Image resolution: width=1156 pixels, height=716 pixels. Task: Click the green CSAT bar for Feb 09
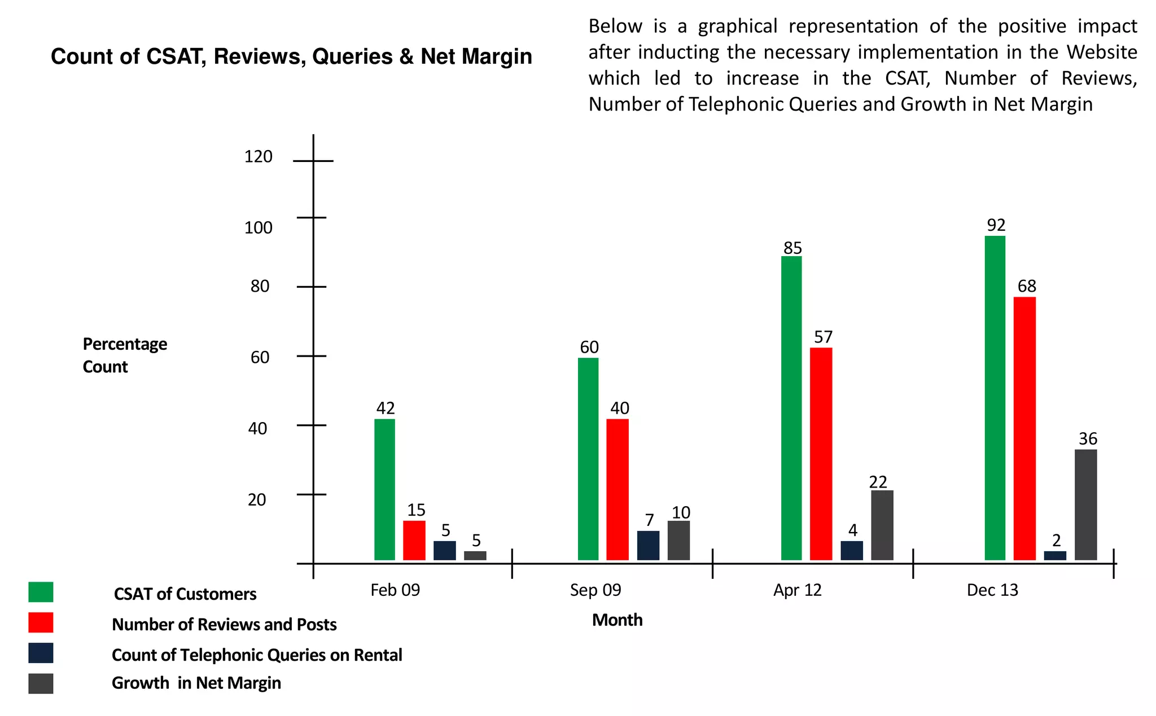[384, 489]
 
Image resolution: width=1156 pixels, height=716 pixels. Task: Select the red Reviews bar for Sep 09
[617, 489]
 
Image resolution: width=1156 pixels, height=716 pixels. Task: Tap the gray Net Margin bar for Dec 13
[1085, 504]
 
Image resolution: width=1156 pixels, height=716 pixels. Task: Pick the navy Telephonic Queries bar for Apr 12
[851, 550]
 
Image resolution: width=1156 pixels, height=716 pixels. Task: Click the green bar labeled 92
[995, 398]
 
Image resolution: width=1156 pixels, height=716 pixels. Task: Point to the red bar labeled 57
[821, 454]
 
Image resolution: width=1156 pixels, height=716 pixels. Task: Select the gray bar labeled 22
[882, 525]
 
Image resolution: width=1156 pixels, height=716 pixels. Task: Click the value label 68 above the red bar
[1027, 286]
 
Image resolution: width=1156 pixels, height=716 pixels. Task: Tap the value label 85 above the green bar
[792, 248]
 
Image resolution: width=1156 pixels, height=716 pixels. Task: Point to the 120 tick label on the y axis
[258, 156]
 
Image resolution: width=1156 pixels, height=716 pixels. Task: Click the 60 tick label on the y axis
[260, 357]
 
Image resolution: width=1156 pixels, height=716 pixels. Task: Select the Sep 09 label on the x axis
[595, 590]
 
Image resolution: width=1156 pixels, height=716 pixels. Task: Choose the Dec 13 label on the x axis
[992, 590]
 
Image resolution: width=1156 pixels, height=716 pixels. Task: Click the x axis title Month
[617, 620]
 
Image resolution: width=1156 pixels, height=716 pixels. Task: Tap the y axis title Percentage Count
[125, 355]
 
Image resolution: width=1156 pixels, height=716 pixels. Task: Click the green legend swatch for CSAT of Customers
[41, 592]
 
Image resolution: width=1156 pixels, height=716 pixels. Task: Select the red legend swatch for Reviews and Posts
[41, 623]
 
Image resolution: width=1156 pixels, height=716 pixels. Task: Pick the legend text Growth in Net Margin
[196, 683]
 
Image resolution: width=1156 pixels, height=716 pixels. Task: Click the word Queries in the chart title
[352, 57]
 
